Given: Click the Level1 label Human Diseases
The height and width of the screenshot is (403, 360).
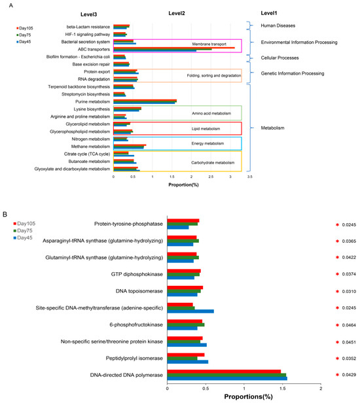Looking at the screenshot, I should click(x=277, y=26).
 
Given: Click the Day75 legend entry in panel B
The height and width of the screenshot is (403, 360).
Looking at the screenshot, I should click(x=24, y=230).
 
